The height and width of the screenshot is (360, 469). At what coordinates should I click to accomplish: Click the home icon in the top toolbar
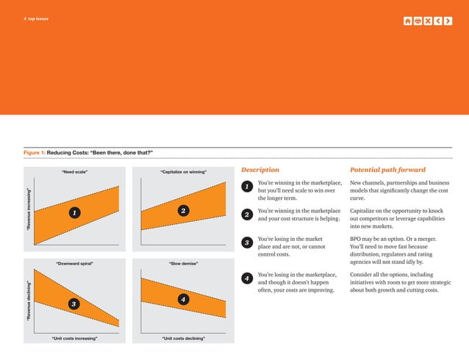tap(408, 20)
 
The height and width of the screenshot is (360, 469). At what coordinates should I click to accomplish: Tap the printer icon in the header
tap(418, 20)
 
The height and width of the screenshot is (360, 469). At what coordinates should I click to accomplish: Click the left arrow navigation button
tap(439, 20)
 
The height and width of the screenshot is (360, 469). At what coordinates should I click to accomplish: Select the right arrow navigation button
tap(449, 20)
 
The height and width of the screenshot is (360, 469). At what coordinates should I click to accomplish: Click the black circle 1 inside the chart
tap(73, 213)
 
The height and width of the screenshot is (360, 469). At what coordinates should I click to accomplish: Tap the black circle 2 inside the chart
tap(183, 211)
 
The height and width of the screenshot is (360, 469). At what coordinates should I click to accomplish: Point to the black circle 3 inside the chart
tap(73, 303)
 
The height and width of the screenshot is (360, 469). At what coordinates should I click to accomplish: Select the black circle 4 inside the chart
tap(183, 299)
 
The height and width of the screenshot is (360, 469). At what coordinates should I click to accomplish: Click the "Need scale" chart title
tap(75, 172)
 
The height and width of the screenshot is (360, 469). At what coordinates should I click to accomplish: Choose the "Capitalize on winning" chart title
tap(183, 172)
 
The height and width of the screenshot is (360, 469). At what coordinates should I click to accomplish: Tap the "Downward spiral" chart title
tap(75, 262)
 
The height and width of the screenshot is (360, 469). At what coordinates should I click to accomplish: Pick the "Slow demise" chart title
tap(183, 262)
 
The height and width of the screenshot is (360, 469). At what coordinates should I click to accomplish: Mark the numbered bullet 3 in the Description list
tap(248, 243)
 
